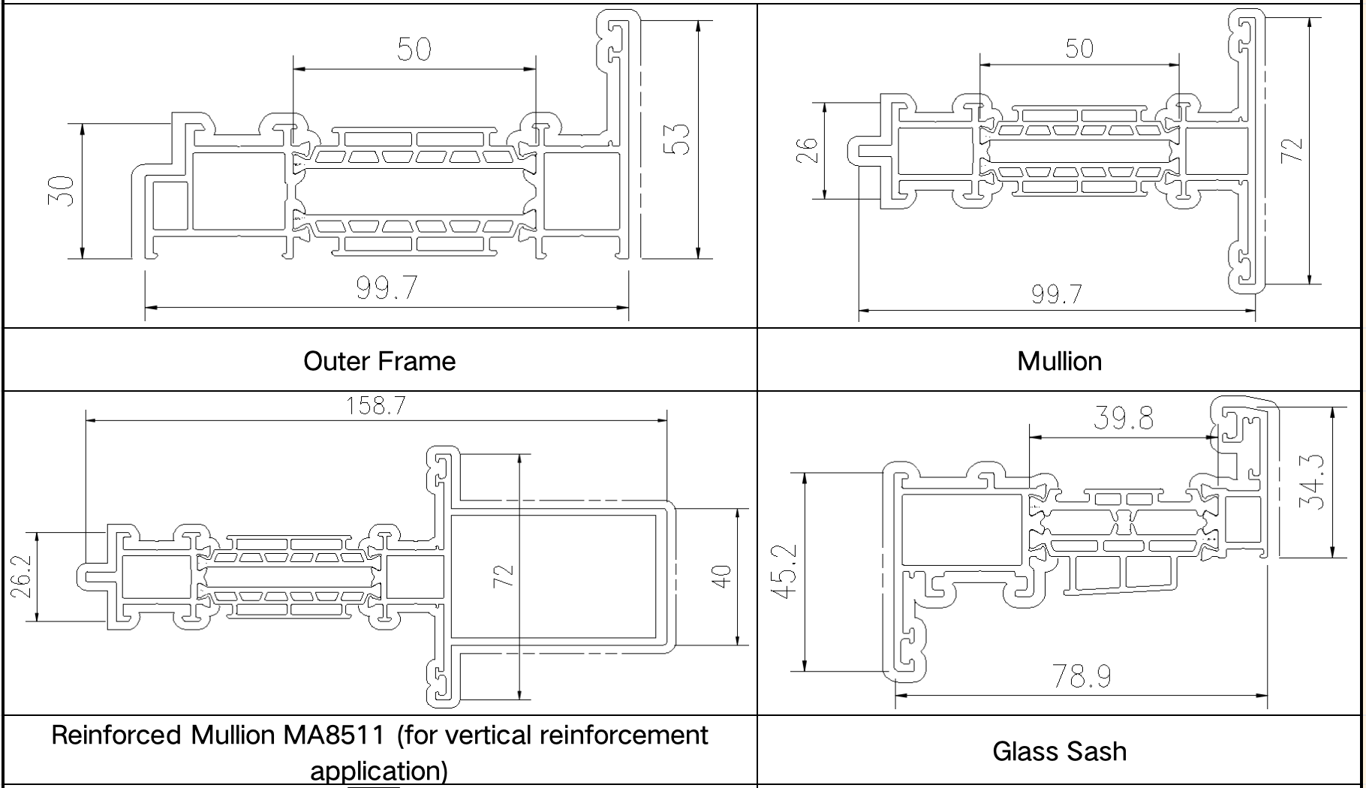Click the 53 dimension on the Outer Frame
678,139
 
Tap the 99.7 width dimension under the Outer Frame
387,287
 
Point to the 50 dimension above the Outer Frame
414,50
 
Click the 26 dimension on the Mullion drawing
805,150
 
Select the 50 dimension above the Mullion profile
1079,49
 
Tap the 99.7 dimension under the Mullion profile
1057,293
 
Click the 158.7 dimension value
375,406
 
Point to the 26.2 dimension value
21,576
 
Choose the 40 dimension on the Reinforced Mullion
721,576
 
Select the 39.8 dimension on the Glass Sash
1123,418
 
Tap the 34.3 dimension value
1312,483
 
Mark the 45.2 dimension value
784,571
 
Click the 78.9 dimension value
1082,676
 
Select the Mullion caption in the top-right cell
1059,362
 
